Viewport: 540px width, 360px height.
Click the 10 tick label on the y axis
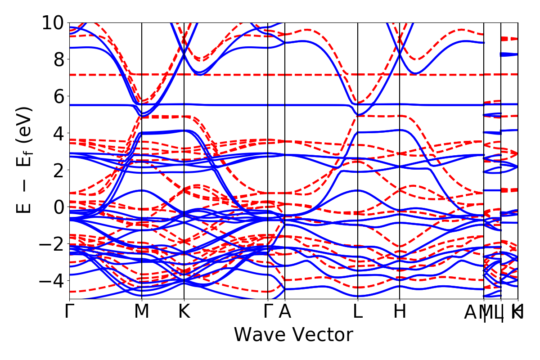pyautogui.click(x=53, y=22)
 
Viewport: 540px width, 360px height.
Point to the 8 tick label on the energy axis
pyautogui.click(x=58, y=59)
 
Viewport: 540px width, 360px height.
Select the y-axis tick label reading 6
pyautogui.click(x=58, y=96)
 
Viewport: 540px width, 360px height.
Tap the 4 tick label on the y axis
pyautogui.click(x=58, y=133)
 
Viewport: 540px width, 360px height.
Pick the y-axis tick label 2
pyautogui.click(x=58, y=170)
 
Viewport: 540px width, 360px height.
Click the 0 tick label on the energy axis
pyautogui.click(x=58, y=207)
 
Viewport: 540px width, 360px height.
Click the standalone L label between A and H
pyautogui.click(x=358, y=311)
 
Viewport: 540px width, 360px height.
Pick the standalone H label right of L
pyautogui.click(x=400, y=311)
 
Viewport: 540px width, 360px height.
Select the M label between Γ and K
pyautogui.click(x=142, y=311)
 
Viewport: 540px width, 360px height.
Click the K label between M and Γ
pyautogui.click(x=184, y=311)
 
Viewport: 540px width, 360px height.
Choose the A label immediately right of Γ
pyautogui.click(x=285, y=311)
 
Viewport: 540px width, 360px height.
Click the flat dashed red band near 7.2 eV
pyautogui.click(x=225, y=75)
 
